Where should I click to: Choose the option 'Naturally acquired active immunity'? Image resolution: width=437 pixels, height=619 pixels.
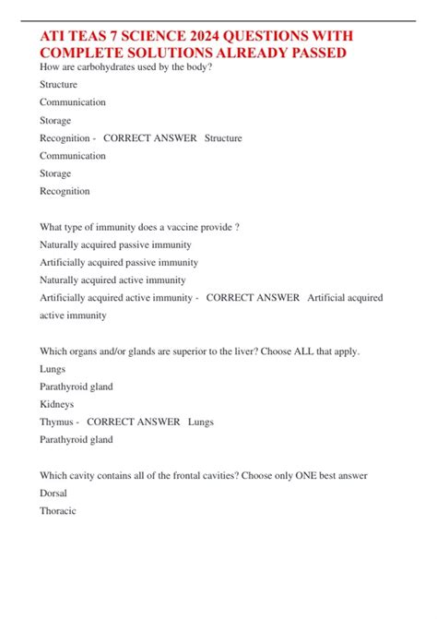(x=112, y=280)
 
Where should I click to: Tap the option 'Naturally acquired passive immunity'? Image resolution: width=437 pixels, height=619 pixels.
(x=115, y=244)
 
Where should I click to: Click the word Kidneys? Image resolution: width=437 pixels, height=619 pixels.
(x=57, y=404)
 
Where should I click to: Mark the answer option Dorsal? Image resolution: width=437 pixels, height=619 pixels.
(x=53, y=493)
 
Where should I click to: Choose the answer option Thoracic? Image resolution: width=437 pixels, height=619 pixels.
(x=58, y=510)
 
